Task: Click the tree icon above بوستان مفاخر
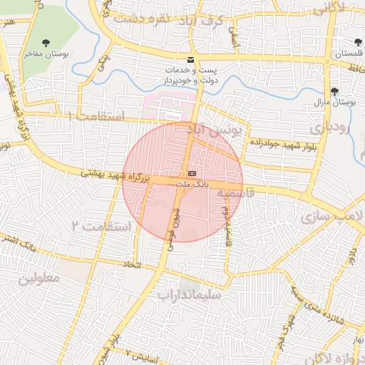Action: coord(47,42)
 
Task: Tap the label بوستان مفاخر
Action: coord(48,53)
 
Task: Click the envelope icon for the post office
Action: coord(190,59)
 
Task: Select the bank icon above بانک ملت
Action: coord(192,173)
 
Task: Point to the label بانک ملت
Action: coord(192,184)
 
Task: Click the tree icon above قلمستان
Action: coord(358,43)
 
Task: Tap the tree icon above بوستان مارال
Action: coord(334,91)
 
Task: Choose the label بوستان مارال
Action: coord(334,103)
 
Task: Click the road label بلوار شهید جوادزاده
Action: coord(282,145)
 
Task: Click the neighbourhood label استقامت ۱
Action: coord(97,115)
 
